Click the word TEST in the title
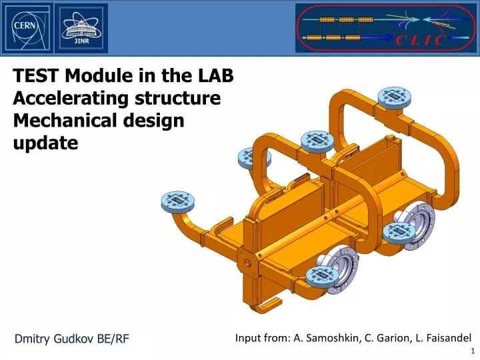[x=36, y=77]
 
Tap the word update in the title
[x=45, y=143]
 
